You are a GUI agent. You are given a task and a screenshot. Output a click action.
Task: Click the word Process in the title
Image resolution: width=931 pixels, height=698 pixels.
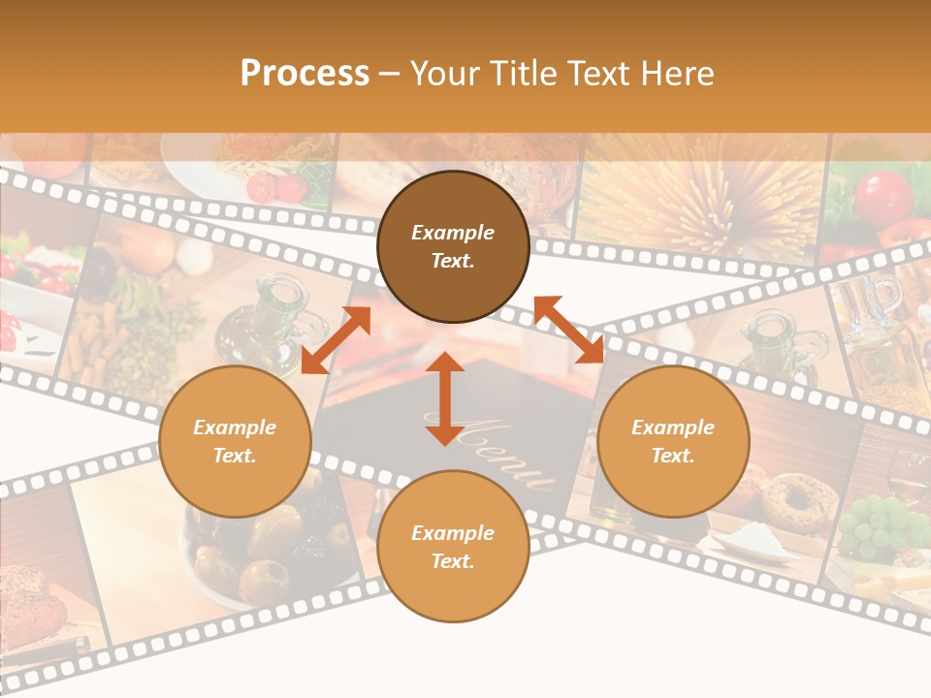coord(305,74)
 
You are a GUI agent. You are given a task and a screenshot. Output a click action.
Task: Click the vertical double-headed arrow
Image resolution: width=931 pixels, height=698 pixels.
coord(445,398)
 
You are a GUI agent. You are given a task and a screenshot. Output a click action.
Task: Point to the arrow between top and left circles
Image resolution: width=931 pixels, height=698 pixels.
coord(336,339)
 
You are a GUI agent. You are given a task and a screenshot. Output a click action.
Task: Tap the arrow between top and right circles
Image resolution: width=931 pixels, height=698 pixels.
coord(569,330)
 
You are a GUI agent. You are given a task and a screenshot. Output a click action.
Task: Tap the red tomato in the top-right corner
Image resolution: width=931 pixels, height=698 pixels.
coord(883,197)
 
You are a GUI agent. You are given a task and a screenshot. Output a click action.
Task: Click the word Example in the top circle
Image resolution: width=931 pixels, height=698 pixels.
coord(453,233)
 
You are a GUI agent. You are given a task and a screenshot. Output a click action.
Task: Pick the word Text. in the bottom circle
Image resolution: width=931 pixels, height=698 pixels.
coord(453,561)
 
